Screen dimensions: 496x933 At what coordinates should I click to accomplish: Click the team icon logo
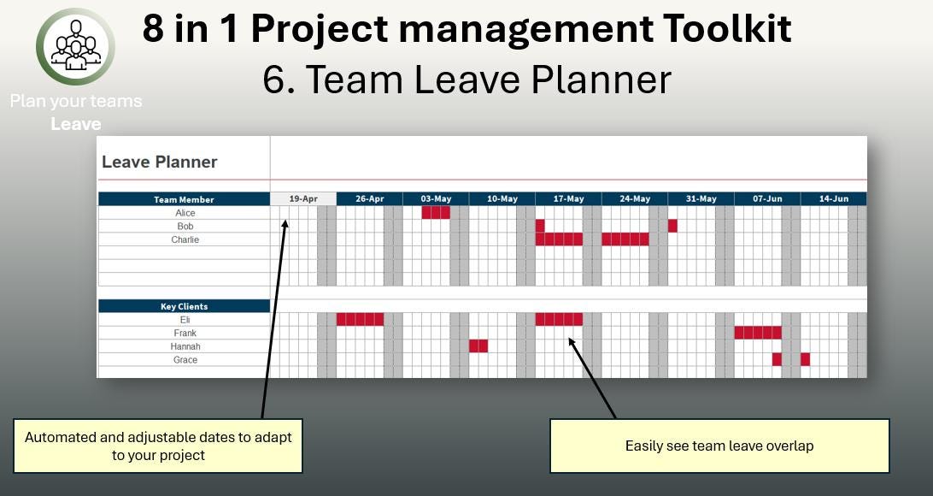[x=75, y=47]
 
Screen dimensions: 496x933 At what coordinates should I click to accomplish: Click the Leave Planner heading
[x=160, y=162]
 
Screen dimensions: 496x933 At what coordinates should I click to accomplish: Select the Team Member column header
[x=184, y=199]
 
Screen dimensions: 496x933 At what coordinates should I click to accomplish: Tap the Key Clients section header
[x=184, y=306]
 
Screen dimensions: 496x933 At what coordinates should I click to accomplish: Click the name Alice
[x=185, y=213]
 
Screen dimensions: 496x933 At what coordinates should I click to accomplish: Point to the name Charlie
[x=185, y=239]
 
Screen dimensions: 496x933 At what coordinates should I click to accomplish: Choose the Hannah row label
[x=185, y=346]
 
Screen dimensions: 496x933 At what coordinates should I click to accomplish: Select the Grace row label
[x=185, y=360]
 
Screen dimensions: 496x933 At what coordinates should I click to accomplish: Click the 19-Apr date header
[x=303, y=199]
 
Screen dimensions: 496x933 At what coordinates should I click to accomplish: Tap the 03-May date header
[x=436, y=199]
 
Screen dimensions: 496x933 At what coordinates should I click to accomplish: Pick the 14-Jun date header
[x=833, y=199]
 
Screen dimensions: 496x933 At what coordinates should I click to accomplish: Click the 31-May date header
[x=701, y=199]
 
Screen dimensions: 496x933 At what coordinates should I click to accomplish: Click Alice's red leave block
[x=436, y=213]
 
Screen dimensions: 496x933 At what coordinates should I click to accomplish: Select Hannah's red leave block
[x=478, y=346]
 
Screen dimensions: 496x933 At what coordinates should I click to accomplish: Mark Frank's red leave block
[x=758, y=333]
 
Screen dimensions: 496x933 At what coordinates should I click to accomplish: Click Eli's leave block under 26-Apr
[x=360, y=320]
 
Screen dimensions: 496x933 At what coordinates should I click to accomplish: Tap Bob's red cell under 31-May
[x=672, y=226]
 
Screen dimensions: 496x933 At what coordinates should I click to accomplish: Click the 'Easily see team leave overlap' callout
[x=719, y=446]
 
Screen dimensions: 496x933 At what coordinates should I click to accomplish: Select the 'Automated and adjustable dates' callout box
[x=158, y=446]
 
